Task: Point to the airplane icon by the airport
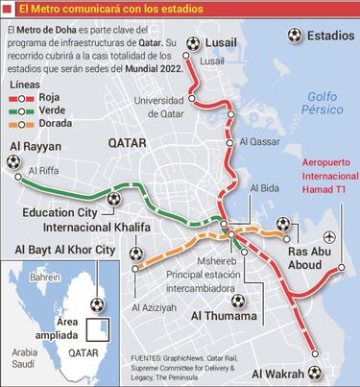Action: click(x=330, y=236)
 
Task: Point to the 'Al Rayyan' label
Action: click(x=36, y=147)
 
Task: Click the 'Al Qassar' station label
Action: click(x=259, y=141)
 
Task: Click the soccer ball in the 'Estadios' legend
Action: click(x=295, y=35)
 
